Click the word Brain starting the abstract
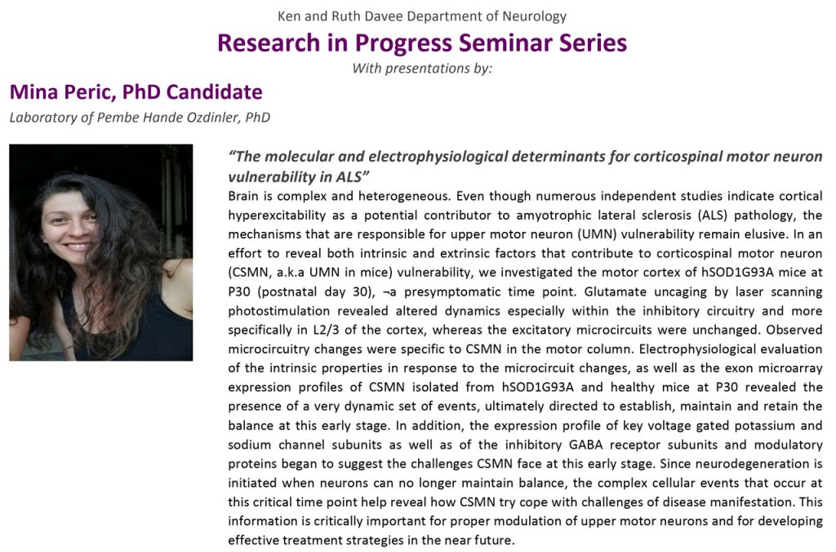point(243,196)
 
